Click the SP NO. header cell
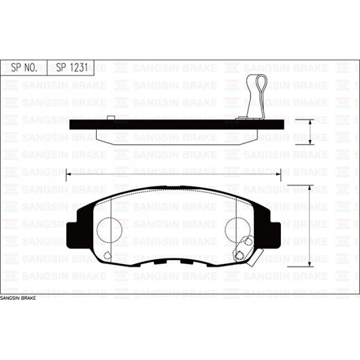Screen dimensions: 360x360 click(24, 68)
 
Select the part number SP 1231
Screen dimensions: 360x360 click(72, 67)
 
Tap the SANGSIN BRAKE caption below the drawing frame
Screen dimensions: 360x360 click(18, 298)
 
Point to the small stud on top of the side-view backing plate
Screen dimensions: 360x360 click(111, 118)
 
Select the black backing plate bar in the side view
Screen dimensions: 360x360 click(177, 124)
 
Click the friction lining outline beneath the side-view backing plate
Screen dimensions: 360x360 click(177, 137)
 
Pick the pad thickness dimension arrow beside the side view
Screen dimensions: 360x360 click(310, 132)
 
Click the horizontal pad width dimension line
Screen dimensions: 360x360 click(173, 174)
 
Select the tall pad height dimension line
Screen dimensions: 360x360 click(310, 226)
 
